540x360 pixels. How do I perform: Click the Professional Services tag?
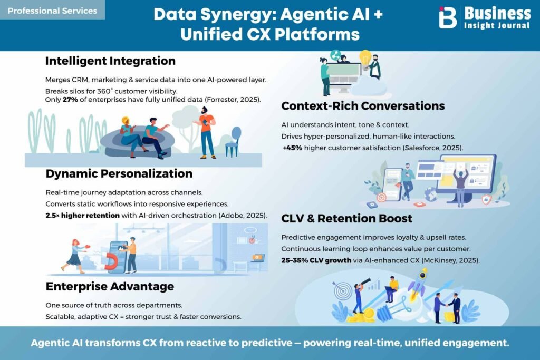click(x=52, y=11)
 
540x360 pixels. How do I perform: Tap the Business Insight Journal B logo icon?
click(x=447, y=17)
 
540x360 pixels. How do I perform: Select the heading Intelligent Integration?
click(x=110, y=61)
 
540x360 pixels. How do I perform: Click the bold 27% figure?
click(x=70, y=100)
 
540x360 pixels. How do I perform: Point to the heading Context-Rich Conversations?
click(x=363, y=105)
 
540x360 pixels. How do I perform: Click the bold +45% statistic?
click(x=292, y=148)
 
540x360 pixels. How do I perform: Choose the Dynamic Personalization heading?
click(x=119, y=173)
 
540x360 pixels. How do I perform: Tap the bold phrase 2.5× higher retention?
click(x=83, y=216)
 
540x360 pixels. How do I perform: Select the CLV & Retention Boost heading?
click(x=347, y=218)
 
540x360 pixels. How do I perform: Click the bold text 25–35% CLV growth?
click(x=316, y=260)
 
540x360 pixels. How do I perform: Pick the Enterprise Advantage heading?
click(x=110, y=286)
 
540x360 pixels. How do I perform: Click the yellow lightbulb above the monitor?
click(x=365, y=58)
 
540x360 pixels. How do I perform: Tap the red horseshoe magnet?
click(x=111, y=261)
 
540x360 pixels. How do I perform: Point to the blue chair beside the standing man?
click(x=234, y=142)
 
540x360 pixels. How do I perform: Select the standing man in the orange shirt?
click(x=206, y=132)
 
